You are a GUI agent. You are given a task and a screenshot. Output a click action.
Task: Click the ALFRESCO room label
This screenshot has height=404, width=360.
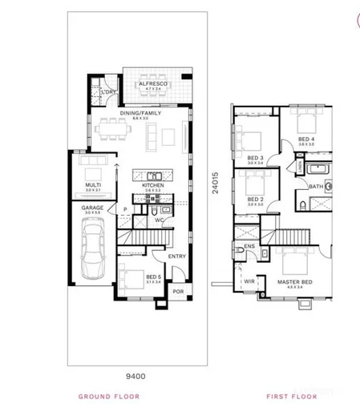pyautogui.click(x=152, y=83)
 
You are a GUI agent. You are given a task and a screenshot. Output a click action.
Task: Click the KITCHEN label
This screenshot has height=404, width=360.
pyautogui.click(x=153, y=184)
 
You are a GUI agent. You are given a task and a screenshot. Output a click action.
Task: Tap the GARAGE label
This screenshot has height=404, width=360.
pyautogui.click(x=92, y=207)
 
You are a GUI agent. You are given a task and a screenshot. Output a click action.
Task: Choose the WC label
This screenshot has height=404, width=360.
pyautogui.click(x=160, y=218)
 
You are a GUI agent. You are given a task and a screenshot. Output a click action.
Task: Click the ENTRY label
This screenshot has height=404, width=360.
pyautogui.click(x=177, y=257)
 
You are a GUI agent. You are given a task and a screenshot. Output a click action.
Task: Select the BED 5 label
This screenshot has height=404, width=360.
pyautogui.click(x=153, y=277)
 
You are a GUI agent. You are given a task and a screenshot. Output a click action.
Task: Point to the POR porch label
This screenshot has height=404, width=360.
pyautogui.click(x=178, y=291)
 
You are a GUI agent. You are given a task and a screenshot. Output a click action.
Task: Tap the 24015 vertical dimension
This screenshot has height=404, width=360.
pyautogui.click(x=214, y=182)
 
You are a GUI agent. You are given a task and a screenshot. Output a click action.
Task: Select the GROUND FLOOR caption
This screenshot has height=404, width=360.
pyautogui.click(x=109, y=396)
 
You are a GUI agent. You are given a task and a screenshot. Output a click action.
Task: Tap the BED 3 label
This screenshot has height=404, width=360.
pyautogui.click(x=256, y=157)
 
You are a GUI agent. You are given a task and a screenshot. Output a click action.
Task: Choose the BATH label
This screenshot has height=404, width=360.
pyautogui.click(x=314, y=187)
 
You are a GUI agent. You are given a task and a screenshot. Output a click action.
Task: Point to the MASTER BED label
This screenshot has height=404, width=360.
pyautogui.click(x=295, y=281)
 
